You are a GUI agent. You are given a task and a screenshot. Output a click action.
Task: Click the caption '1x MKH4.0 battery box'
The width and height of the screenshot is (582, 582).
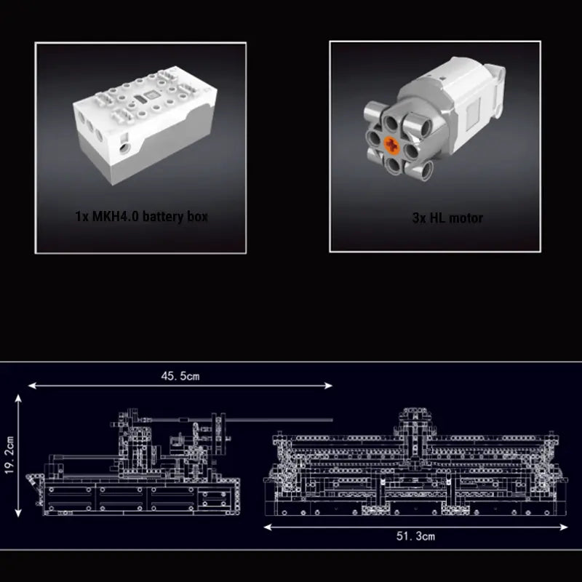141,217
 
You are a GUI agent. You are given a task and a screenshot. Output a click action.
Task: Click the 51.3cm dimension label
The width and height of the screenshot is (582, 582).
416,536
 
